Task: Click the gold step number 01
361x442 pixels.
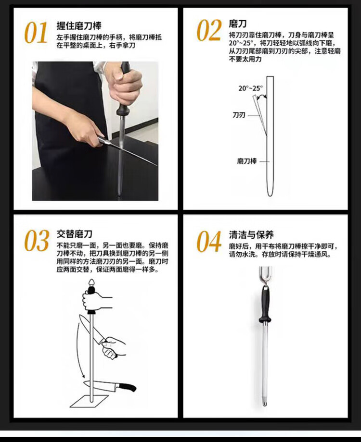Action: coord(36,33)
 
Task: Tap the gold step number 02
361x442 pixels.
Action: coord(209,30)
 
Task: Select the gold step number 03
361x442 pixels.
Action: coord(37,240)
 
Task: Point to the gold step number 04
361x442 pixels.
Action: coord(209,241)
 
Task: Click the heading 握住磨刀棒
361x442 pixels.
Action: coord(79,25)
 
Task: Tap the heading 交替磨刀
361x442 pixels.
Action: coord(74,233)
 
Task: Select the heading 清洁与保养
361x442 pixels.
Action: coord(251,234)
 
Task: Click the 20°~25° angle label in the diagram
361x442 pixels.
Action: coord(250,88)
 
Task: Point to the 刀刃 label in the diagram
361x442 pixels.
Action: coord(239,115)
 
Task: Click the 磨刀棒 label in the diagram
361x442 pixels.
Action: coord(246,161)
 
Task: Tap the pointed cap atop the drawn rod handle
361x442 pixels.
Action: coord(91,282)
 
